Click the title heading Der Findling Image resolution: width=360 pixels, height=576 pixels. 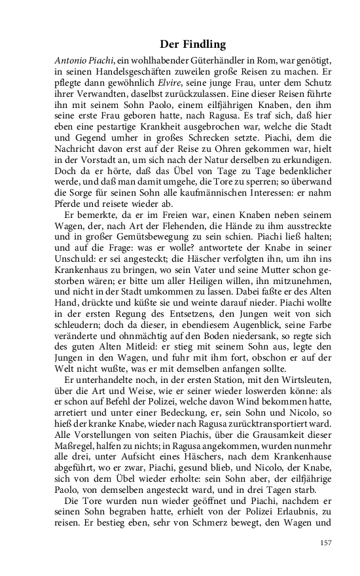click(x=192, y=45)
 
